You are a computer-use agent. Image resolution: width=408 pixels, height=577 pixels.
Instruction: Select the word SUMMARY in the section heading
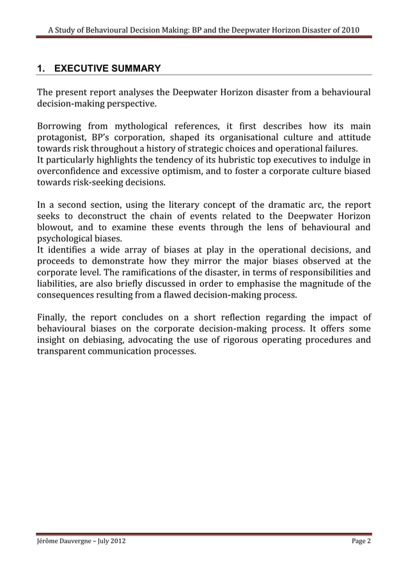coord(136,68)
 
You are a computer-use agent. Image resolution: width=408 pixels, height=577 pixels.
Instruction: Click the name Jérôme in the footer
coord(50,541)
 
